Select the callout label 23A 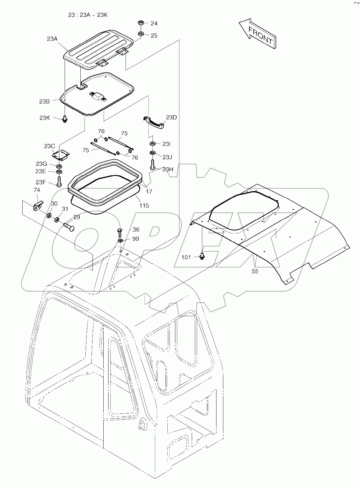pos(52,39)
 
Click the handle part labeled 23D pos(154,121)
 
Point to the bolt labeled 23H pos(152,165)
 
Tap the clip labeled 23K pos(65,118)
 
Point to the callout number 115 pos(144,205)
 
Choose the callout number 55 pos(255,271)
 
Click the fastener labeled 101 pos(202,256)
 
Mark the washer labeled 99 pos(120,240)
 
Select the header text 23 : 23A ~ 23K pos(88,15)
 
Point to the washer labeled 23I pos(152,144)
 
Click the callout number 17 pos(149,191)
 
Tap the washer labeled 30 pos(49,215)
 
